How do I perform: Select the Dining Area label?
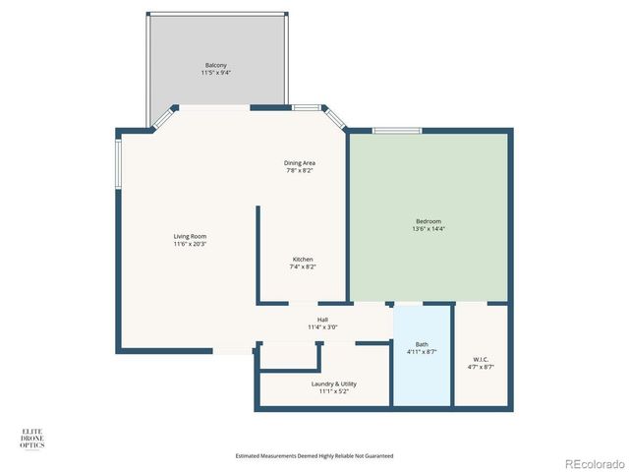pyautogui.click(x=300, y=162)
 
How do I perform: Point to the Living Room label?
pyautogui.click(x=190, y=236)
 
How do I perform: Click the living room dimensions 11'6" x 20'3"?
pyautogui.click(x=190, y=244)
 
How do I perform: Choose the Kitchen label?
pyautogui.click(x=303, y=259)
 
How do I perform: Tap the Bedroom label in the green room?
pyautogui.click(x=428, y=221)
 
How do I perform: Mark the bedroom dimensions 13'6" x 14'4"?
pyautogui.click(x=428, y=229)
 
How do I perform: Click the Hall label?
pyautogui.click(x=322, y=320)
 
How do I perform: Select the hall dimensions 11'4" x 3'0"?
pyautogui.click(x=322, y=327)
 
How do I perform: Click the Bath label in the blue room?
pyautogui.click(x=422, y=344)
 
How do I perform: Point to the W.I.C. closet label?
pyautogui.click(x=483, y=359)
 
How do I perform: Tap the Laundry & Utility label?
pyautogui.click(x=334, y=383)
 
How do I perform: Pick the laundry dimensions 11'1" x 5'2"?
pyautogui.click(x=334, y=391)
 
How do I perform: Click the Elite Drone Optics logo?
pyautogui.click(x=32, y=438)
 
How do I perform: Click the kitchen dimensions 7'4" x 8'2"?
pyautogui.click(x=303, y=266)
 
